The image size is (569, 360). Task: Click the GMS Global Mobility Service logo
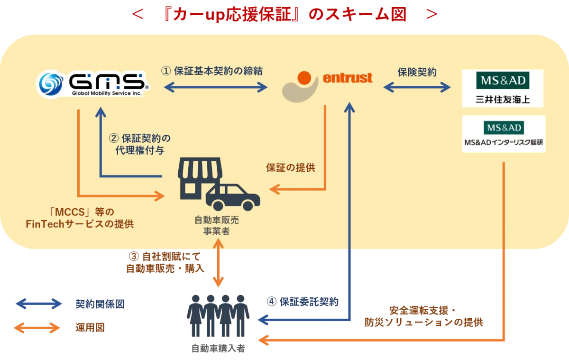(x=93, y=83)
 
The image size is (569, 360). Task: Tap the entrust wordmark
(x=348, y=78)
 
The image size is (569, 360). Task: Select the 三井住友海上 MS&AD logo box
(x=503, y=88)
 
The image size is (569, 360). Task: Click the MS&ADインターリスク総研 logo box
(x=504, y=134)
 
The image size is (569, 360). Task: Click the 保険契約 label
(x=417, y=72)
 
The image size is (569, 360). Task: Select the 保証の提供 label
(x=290, y=167)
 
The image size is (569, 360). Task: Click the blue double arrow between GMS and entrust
(x=216, y=87)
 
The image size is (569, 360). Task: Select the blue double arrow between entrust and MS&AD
(x=417, y=87)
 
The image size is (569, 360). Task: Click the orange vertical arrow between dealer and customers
(x=218, y=263)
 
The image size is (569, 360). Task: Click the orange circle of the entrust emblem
(x=304, y=78)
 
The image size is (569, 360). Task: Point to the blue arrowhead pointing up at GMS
(x=101, y=112)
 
